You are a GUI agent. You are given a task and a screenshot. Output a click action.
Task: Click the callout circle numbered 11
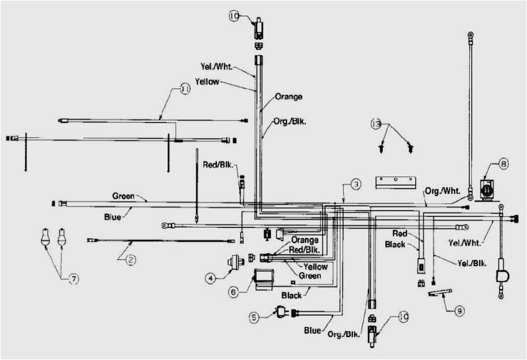185,90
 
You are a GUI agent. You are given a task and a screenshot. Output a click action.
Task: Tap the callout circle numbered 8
503,164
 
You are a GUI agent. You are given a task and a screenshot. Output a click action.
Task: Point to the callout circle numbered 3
354,184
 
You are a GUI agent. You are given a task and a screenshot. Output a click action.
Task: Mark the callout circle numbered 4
211,279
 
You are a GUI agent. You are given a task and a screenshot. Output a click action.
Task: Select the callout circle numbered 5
254,317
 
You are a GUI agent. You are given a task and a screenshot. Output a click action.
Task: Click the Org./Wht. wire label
439,191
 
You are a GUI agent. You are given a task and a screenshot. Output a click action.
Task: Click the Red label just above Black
399,233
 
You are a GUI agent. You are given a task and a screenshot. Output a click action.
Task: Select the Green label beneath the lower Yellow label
310,276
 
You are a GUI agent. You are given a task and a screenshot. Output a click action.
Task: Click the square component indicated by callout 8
488,187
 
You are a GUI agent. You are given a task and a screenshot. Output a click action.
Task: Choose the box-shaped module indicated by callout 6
263,279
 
